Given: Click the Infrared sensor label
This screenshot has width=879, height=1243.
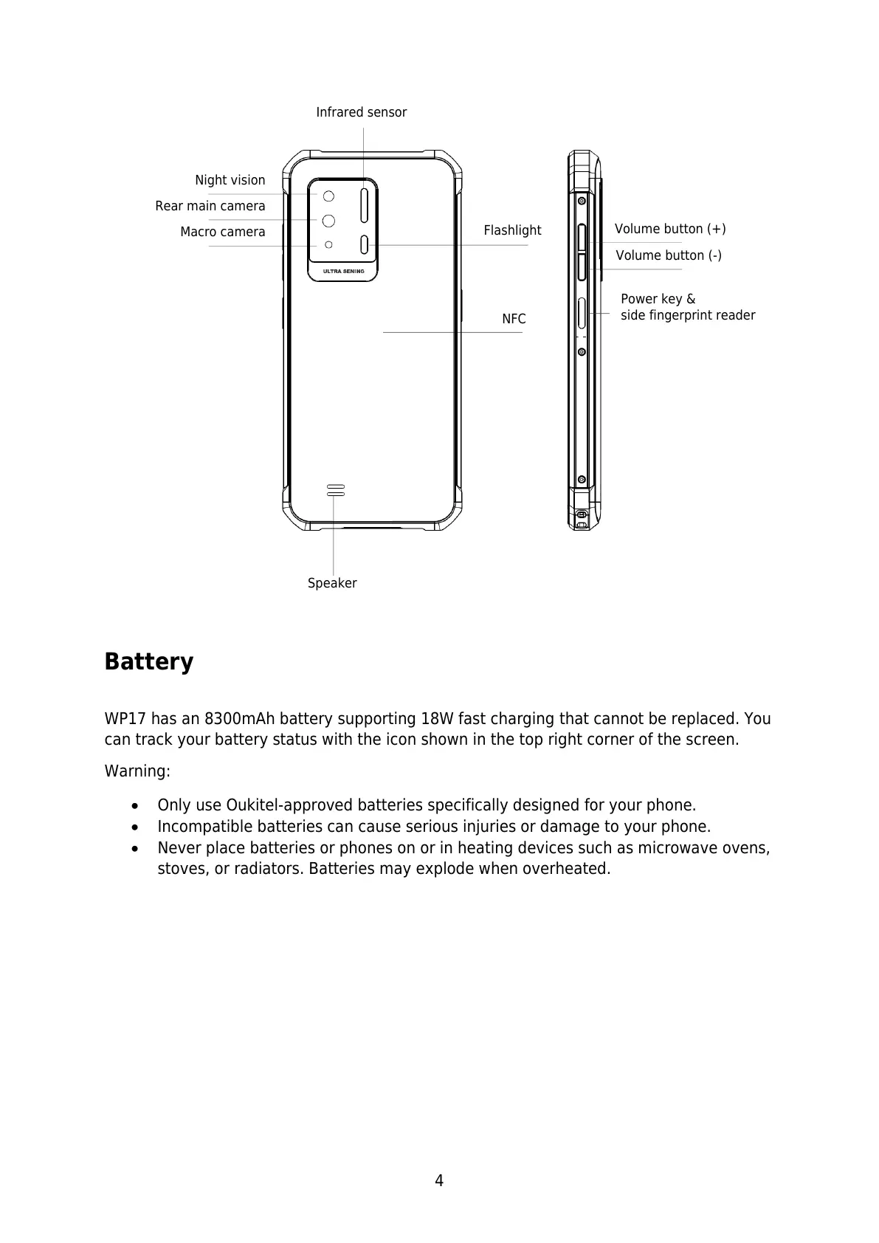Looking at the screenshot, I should click(x=361, y=112).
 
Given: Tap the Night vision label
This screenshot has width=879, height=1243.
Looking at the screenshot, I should click(x=230, y=180).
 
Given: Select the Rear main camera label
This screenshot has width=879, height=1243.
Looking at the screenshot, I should click(x=210, y=206).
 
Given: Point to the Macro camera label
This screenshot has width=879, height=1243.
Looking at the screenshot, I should click(x=222, y=232).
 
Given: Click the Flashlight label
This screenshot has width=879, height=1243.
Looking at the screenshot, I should click(x=512, y=230).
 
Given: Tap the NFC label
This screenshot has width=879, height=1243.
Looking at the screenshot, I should click(x=514, y=319).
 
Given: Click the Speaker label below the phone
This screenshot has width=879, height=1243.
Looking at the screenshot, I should click(x=332, y=583).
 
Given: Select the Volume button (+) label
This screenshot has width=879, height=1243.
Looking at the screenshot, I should click(x=670, y=229).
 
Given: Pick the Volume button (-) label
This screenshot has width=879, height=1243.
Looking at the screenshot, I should click(x=669, y=255).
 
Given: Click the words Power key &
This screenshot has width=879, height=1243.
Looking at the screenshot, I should click(x=658, y=299).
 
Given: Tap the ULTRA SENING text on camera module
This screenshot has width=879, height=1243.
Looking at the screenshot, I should click(x=343, y=271).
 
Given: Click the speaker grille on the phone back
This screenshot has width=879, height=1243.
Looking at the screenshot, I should click(x=336, y=490).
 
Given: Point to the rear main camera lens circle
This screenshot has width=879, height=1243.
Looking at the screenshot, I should click(x=328, y=220).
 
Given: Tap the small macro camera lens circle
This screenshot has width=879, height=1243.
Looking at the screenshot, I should click(x=329, y=244).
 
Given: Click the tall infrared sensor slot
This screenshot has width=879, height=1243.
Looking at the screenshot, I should click(x=364, y=204).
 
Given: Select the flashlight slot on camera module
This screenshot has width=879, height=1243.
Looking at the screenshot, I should click(x=364, y=244).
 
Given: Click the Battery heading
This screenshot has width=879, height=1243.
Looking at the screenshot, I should click(x=148, y=661).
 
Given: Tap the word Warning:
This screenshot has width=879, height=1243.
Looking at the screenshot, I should click(x=137, y=771).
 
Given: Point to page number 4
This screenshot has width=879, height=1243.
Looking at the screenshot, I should click(x=439, y=1181).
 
